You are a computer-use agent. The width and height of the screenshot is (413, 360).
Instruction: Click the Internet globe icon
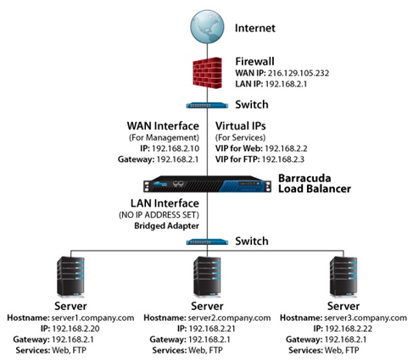[207, 26]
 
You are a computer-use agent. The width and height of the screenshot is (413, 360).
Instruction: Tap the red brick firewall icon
[207, 73]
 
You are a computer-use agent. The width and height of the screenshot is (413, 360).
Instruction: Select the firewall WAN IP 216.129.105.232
[299, 73]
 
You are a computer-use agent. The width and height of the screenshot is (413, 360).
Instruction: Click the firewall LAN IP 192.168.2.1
[285, 84]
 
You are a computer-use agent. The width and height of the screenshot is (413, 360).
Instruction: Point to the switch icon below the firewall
[207, 106]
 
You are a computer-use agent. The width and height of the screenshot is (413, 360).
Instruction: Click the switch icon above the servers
[207, 242]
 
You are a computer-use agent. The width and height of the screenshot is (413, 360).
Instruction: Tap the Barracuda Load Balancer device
[207, 184]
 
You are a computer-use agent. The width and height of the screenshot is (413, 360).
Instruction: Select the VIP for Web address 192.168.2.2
[286, 148]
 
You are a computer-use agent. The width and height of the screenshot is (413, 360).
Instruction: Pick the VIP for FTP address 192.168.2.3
[283, 159]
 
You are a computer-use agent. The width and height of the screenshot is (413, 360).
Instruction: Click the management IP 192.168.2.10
[176, 148]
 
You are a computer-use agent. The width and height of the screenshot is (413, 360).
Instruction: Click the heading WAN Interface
[163, 126]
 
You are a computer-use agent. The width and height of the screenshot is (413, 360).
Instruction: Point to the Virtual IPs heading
[241, 126]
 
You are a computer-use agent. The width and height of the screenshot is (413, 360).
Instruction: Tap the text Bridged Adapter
[166, 226]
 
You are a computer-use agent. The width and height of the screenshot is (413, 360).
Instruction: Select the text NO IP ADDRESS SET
[159, 215]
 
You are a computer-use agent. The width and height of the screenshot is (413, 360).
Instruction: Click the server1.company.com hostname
[92, 318]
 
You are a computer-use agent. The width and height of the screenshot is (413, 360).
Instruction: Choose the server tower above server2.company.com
[207, 277]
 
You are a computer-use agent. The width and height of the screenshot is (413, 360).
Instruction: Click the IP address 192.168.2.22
[349, 329]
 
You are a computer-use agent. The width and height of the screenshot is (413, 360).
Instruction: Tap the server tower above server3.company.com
[343, 277]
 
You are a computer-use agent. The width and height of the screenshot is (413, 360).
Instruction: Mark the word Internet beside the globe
[255, 28]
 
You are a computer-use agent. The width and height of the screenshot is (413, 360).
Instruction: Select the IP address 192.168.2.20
[75, 329]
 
